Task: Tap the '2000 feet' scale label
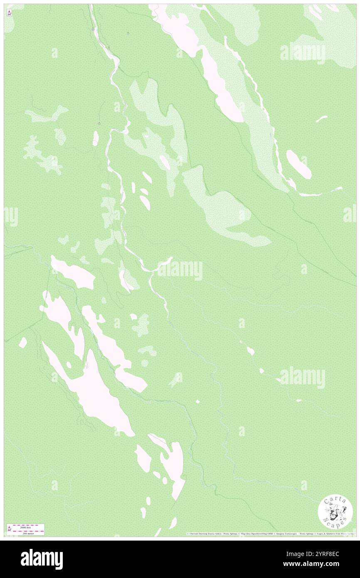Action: click(x=29, y=527)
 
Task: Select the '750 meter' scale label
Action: click(x=29, y=533)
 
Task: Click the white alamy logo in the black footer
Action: click(x=42, y=559)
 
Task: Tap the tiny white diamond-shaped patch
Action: click(x=197, y=401)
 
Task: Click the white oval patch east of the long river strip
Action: click(x=298, y=164)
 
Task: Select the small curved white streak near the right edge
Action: click(x=321, y=119)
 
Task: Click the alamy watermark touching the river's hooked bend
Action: click(x=180, y=270)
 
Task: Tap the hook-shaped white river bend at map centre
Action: click(x=164, y=263)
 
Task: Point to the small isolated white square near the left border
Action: click(x=23, y=342)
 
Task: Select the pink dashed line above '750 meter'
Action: click(x=29, y=530)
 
